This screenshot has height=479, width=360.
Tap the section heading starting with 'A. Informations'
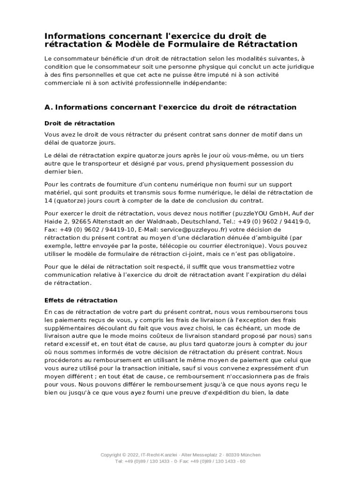170,107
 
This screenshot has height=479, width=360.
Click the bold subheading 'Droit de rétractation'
79,123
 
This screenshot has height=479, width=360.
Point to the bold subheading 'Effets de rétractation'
81,300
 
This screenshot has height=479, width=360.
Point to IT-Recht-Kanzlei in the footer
159,455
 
